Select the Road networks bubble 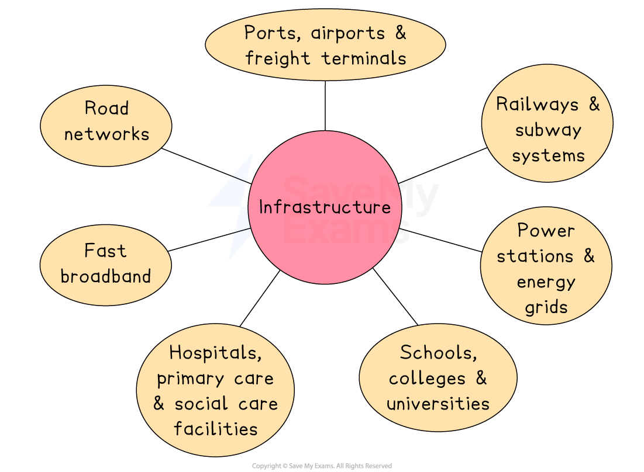(106, 121)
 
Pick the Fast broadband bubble (105, 264)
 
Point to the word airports (348, 33)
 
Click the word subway (548, 130)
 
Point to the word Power (546, 231)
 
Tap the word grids (546, 307)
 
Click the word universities (438, 404)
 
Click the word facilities (215, 429)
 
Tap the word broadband (106, 276)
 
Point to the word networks (107, 134)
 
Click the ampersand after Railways (594, 105)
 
